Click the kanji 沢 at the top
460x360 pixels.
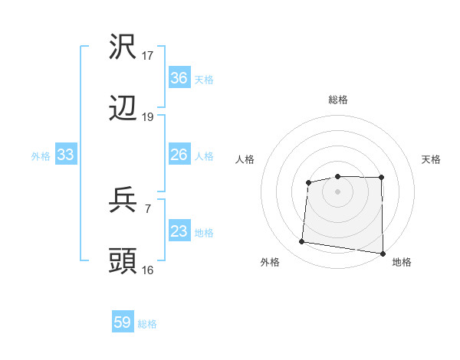click(123, 47)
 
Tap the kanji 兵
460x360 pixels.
click(123, 201)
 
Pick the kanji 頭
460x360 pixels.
click(123, 262)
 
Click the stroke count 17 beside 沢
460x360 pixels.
click(148, 56)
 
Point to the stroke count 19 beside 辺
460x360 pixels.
click(148, 117)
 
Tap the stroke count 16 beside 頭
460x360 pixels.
click(148, 270)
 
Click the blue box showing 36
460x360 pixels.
click(179, 78)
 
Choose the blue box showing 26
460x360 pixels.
click(179, 155)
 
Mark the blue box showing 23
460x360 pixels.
click(179, 231)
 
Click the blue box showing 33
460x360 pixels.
click(65, 155)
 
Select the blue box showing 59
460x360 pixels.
click(123, 322)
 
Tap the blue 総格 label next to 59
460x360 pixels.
click(148, 324)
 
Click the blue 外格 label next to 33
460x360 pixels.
click(41, 156)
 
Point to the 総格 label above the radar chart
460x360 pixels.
click(337, 100)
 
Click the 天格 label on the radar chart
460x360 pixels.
click(432, 159)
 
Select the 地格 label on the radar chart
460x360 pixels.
click(402, 262)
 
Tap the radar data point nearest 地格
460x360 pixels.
click(383, 254)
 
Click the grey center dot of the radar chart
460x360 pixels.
click(337, 190)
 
